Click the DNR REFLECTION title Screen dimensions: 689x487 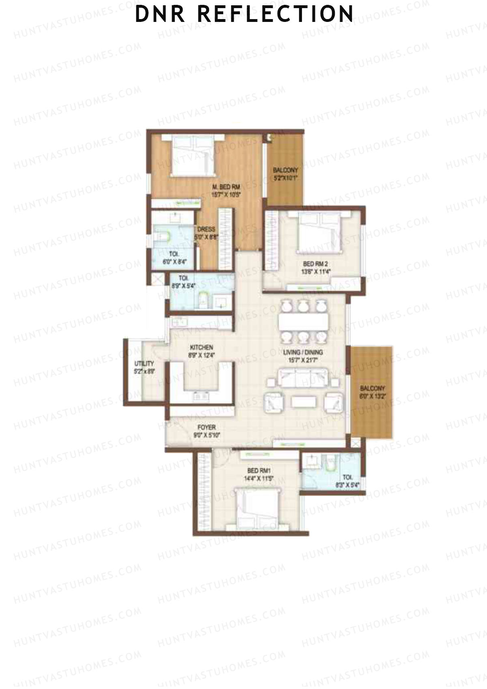(x=244, y=14)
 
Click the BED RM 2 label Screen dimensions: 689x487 (x=312, y=264)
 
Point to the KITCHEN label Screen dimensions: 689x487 (x=202, y=348)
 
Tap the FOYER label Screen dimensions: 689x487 (x=206, y=428)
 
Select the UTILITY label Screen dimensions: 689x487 (x=144, y=363)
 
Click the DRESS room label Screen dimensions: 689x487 (x=206, y=229)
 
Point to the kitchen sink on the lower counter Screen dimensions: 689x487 (x=201, y=395)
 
